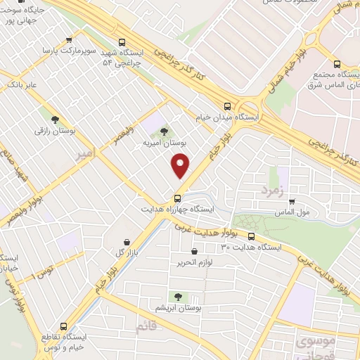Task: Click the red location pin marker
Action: click(x=181, y=166)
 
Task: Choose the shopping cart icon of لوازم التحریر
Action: click(x=194, y=251)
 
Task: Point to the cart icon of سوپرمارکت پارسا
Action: click(x=68, y=40)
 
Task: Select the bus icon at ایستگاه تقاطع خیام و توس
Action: click(x=65, y=327)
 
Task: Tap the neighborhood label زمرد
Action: click(x=271, y=190)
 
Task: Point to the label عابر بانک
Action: click(x=22, y=84)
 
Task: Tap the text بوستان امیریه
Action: click(x=163, y=143)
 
